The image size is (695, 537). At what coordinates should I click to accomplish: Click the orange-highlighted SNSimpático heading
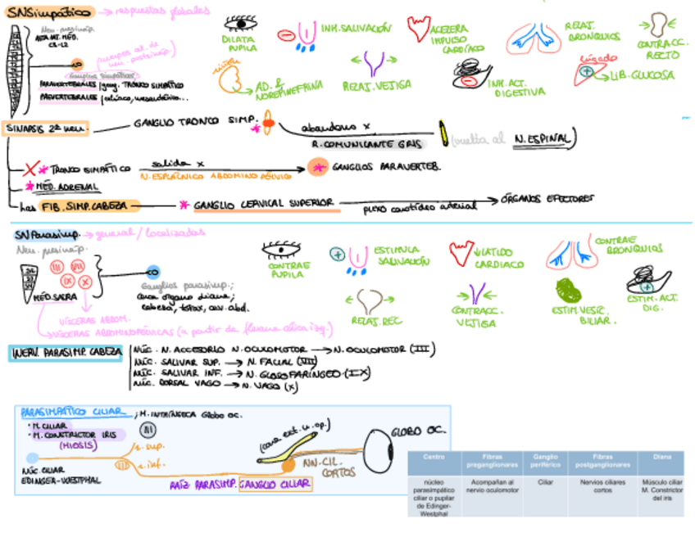pos(48,12)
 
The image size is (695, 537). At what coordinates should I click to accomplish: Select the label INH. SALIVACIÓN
pos(356,29)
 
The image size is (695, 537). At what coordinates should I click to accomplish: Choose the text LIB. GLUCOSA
pos(642,74)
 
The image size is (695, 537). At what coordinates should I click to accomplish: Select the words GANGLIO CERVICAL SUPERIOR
pos(262,203)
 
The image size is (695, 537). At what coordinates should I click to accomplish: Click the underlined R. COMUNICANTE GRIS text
pos(366,143)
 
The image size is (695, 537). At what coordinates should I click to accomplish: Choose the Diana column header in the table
pos(662,457)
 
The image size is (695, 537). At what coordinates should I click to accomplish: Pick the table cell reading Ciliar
pos(545,483)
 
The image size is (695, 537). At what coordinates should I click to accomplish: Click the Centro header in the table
pos(434,457)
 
